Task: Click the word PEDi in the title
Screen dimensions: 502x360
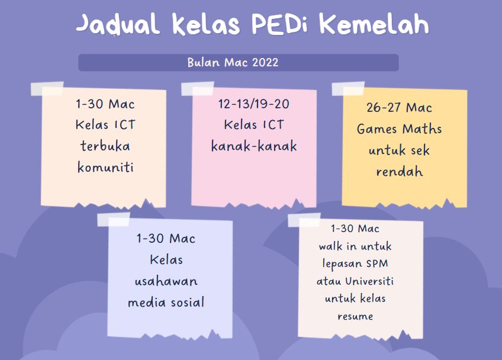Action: [279, 24]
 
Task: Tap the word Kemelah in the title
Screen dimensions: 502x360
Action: [374, 24]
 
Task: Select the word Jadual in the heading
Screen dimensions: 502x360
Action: [118, 24]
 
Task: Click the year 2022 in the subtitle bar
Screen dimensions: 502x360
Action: [265, 62]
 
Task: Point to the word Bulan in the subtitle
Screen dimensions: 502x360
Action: [204, 62]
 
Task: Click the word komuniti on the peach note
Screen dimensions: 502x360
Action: [105, 167]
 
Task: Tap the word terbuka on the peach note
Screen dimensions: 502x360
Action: [105, 146]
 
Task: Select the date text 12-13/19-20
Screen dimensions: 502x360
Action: [253, 104]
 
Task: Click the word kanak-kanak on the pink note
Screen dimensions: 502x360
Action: [254, 146]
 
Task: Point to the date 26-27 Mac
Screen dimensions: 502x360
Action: [399, 107]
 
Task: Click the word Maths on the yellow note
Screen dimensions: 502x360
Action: [422, 128]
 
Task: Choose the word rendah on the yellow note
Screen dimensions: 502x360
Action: [399, 172]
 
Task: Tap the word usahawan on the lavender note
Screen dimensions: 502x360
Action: [166, 281]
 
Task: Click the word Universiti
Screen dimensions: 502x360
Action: [369, 281]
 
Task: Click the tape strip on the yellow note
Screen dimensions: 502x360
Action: [348, 89]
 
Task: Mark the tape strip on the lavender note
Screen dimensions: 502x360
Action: [114, 220]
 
